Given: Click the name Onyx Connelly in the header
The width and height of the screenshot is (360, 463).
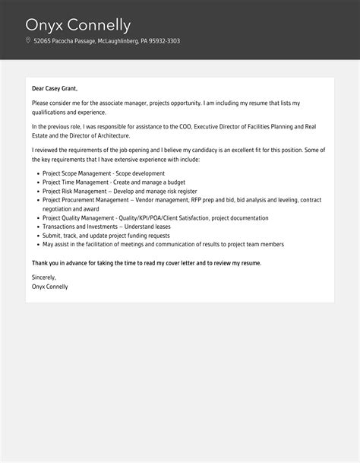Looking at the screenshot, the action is tap(78, 24).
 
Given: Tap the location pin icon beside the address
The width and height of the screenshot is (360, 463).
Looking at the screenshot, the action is tap(28, 41).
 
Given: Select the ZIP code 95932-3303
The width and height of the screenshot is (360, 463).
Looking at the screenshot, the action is tap(163, 41).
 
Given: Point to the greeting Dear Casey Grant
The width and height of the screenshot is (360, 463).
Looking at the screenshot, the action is tap(55, 88).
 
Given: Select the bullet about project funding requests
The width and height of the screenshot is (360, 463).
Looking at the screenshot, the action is tap(106, 236).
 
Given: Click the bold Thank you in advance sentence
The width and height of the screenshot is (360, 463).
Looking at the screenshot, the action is tap(146, 262).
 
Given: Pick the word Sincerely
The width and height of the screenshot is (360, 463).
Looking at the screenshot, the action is tap(44, 278).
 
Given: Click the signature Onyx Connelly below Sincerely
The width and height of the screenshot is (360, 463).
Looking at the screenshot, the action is tap(50, 287).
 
